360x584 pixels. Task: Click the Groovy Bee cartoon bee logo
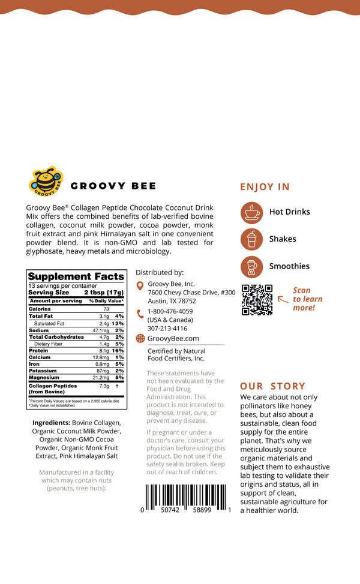[x=46, y=182]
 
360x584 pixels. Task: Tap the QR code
[x=257, y=299]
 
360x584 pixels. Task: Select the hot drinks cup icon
[x=251, y=212]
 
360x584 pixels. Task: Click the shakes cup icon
[x=251, y=239]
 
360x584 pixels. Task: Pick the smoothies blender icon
[x=251, y=266]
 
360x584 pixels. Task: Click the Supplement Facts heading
[x=76, y=276]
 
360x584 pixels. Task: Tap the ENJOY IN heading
[x=265, y=186]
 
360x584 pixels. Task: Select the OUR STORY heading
[x=272, y=386]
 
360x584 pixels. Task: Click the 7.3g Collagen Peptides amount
[x=104, y=386]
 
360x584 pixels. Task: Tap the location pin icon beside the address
[x=140, y=287]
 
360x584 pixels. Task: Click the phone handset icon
[x=140, y=313]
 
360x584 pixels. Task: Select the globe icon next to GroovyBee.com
[x=140, y=338]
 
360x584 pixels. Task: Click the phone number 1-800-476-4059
[x=170, y=311]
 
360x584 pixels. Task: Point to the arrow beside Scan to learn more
[x=283, y=297]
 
